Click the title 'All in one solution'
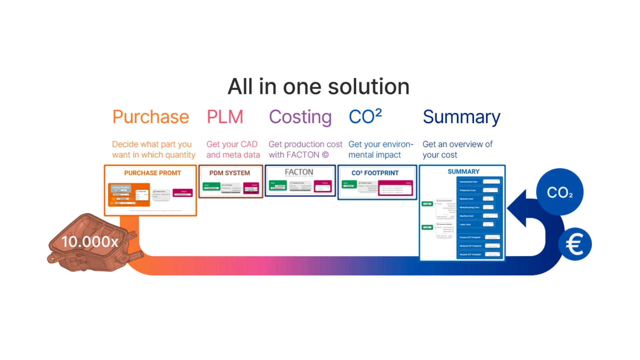[318, 87]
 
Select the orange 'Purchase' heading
[151, 117]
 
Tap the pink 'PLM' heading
[225, 117]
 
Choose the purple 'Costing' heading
[300, 117]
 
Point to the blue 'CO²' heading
[365, 117]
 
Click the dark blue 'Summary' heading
[461, 117]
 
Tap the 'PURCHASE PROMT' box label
[153, 173]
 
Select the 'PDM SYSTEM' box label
[230, 173]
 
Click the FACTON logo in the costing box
[299, 172]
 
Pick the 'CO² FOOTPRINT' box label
[375, 173]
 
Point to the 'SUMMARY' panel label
[463, 172]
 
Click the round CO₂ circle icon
[560, 192]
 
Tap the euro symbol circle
[575, 244]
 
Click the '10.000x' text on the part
[90, 242]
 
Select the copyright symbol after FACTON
[325, 155]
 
